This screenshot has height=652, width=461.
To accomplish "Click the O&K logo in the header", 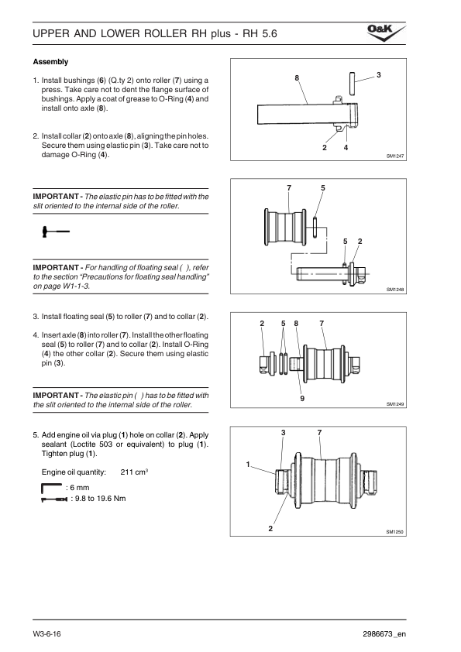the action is [x=386, y=33].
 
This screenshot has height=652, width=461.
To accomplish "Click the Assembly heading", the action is [x=50, y=62].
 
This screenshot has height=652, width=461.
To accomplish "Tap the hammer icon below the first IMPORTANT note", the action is [x=56, y=232].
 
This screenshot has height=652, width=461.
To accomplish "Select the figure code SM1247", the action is [x=395, y=156].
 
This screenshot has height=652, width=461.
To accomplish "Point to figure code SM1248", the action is [x=395, y=290].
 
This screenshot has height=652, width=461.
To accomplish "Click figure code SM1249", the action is [x=395, y=403].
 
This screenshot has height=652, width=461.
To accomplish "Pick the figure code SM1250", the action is [x=395, y=532].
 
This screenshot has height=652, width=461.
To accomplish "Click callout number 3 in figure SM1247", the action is [x=379, y=75].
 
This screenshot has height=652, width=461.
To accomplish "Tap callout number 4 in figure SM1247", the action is [x=346, y=148].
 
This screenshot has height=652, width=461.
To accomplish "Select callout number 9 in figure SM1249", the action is [x=302, y=398].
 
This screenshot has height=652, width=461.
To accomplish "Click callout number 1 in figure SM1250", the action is [x=248, y=465].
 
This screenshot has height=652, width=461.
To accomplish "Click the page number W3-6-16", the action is [x=47, y=634].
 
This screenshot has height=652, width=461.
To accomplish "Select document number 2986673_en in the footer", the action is [x=384, y=634].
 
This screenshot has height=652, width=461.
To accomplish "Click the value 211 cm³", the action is [x=134, y=472].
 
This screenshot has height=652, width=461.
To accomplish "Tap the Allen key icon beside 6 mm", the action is [x=52, y=488].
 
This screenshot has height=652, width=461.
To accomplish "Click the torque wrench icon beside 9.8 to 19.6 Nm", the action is [x=54, y=499].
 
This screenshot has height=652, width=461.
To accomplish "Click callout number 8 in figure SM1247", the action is [x=297, y=77].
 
